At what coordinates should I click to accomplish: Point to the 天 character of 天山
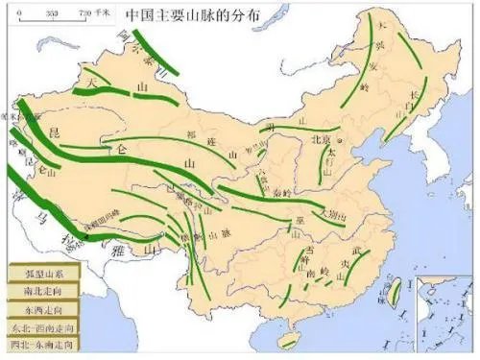point(93,85)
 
